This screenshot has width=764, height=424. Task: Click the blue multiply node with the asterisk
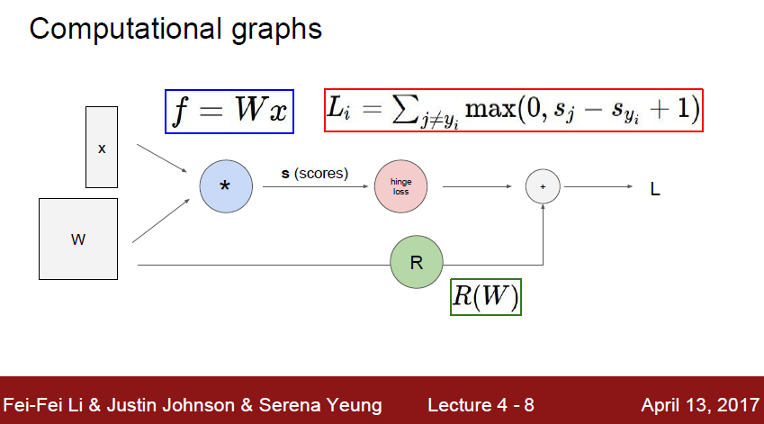225,186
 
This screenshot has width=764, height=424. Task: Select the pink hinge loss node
400,186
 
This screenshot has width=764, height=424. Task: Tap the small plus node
543,186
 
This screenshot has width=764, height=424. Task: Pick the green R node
417,264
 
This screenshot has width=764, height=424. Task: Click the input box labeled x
102,147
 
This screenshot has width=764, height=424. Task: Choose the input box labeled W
78,239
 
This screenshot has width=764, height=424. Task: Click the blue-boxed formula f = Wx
229,112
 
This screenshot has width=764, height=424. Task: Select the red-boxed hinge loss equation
513,111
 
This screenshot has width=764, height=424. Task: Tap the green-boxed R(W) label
485,295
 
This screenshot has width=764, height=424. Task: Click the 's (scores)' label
314,172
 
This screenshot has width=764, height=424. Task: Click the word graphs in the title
274,30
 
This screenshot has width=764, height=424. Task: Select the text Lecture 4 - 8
481,404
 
